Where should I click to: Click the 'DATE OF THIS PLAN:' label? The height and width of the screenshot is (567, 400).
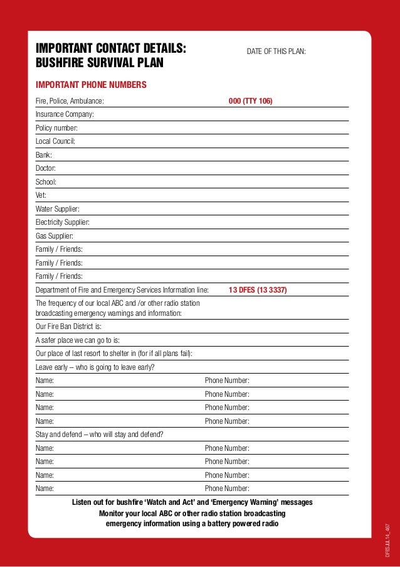click(x=276, y=51)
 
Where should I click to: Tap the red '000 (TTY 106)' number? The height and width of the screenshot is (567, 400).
click(x=250, y=100)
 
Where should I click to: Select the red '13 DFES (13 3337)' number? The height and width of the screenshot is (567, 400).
click(x=258, y=290)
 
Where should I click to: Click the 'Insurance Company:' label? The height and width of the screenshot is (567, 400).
click(x=65, y=114)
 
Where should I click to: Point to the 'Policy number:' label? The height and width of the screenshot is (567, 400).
click(x=56, y=127)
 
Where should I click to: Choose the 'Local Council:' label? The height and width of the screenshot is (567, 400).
click(x=55, y=141)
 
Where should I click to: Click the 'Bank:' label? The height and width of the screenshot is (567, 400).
click(x=44, y=154)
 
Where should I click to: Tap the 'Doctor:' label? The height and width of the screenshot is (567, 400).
click(x=46, y=168)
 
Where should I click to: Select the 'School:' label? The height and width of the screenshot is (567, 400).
click(x=46, y=182)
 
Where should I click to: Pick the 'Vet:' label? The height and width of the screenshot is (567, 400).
click(x=41, y=195)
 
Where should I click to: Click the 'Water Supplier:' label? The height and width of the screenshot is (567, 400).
click(x=57, y=209)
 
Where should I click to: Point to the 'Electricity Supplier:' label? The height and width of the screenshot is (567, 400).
click(x=62, y=222)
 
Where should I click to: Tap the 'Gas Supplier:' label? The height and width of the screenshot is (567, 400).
click(x=55, y=236)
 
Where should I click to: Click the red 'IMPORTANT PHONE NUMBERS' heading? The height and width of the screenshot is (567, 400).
click(x=91, y=85)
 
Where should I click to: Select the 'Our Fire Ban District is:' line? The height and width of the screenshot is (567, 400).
click(x=68, y=327)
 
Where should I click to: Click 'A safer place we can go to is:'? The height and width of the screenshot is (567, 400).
click(x=78, y=340)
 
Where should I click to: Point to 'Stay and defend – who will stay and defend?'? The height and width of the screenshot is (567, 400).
click(x=100, y=435)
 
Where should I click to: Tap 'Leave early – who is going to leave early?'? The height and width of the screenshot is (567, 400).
click(x=95, y=367)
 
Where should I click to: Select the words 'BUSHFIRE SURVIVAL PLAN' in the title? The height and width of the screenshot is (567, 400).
click(x=99, y=63)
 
